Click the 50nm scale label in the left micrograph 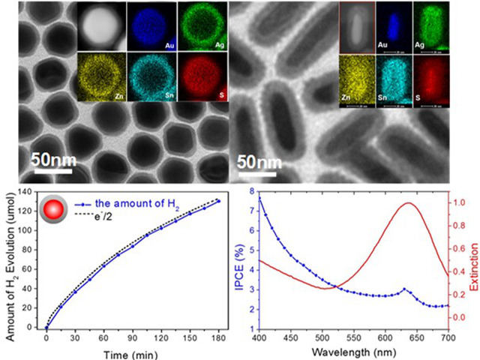pyautogui.click(x=54, y=159)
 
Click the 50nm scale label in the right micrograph pyautogui.click(x=259, y=162)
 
